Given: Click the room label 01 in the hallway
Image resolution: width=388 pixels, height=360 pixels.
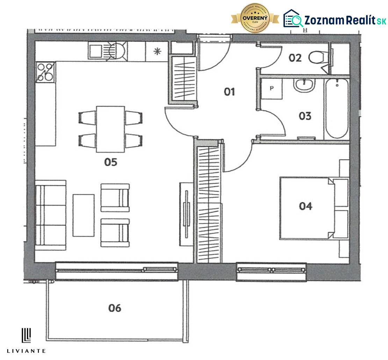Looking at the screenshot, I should (x=229, y=92).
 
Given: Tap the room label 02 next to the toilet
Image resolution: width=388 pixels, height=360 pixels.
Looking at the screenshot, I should (x=295, y=58).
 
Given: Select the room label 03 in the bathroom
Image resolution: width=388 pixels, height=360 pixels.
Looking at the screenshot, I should (x=305, y=116).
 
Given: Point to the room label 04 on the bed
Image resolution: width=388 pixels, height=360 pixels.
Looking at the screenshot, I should (x=306, y=206).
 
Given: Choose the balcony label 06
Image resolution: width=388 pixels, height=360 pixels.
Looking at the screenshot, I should (x=115, y=308).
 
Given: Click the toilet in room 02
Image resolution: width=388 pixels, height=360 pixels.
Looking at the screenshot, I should (x=317, y=57).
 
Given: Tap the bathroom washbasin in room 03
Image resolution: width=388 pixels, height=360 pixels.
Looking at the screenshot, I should (x=304, y=85).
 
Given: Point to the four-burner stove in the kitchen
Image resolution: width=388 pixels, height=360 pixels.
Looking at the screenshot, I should (x=45, y=72).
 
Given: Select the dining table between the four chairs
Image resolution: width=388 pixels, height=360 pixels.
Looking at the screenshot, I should (x=110, y=129).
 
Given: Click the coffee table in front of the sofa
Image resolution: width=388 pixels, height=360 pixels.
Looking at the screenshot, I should (x=84, y=215).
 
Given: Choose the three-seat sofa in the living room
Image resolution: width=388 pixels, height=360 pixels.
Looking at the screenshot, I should (x=51, y=215).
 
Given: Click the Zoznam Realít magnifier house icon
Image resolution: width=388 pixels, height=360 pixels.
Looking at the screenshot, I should (x=293, y=19).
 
